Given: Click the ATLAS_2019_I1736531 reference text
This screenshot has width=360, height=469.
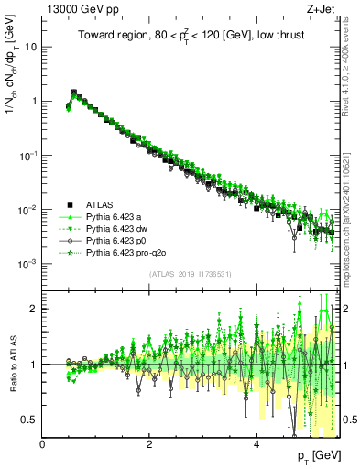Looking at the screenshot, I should (191, 275).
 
